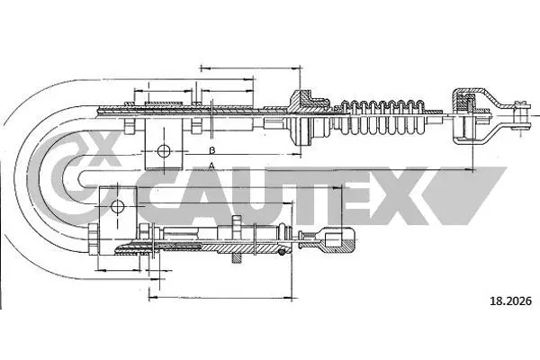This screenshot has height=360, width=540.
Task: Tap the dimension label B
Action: (x=211, y=149)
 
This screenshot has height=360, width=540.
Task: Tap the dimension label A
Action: (x=211, y=166)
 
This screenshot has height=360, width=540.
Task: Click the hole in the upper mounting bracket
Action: (x=163, y=150)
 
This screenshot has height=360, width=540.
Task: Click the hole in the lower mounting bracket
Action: (x=116, y=206)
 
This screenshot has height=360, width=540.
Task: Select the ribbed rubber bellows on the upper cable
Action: (x=387, y=116)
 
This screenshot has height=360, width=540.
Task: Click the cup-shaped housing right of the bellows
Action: (x=467, y=114)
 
